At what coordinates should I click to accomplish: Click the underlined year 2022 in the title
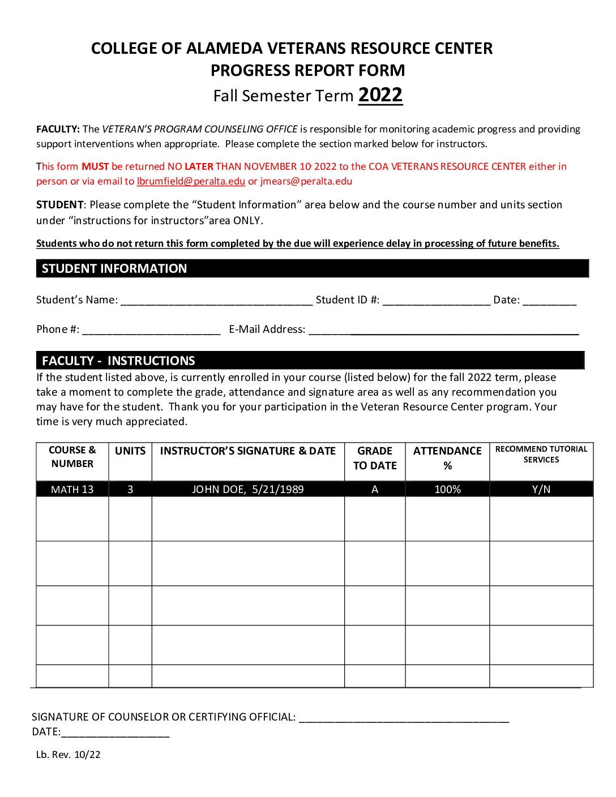pos(380,95)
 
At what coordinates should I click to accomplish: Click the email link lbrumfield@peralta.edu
pos(191,181)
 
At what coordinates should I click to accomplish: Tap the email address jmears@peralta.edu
pos(306,181)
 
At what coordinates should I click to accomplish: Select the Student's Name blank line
pos(216,301)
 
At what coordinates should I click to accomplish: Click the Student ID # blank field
pos(436,301)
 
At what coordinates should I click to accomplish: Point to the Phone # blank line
pos(151,330)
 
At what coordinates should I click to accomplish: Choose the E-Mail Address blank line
pos(443,330)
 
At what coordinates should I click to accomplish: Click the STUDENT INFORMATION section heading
pos(114,268)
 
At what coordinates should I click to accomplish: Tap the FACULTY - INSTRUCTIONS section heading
pos(118,361)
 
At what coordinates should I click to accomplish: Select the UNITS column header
pos(130,451)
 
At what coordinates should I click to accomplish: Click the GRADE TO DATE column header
pos(375,458)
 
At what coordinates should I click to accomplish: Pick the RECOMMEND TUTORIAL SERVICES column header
pos(541,455)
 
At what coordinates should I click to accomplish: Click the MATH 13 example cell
pos(72,490)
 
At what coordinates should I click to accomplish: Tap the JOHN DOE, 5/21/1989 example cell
pos(248,490)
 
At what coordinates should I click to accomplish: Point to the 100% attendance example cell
pos(447,490)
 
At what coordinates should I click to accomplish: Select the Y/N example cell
pos(541,490)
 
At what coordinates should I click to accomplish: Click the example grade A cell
pos(375,490)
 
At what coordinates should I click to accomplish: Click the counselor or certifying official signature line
pos(404,717)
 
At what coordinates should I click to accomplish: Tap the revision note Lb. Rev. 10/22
pos(69,755)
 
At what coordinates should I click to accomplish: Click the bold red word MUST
pos(95,166)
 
